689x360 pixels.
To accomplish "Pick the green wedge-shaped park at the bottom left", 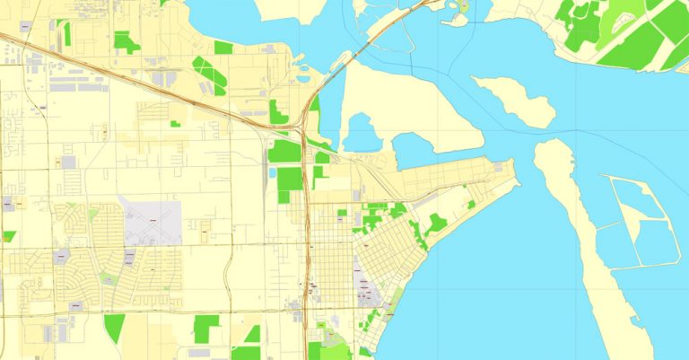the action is pyautogui.click(x=113, y=327).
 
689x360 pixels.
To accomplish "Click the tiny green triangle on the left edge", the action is pyautogui.click(x=8, y=236).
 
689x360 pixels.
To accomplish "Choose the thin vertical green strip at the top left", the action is pyautogui.click(x=67, y=33).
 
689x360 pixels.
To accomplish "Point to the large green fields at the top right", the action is pyautogui.click(x=628, y=36).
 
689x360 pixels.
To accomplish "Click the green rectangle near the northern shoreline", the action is pyautogui.click(x=223, y=48).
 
